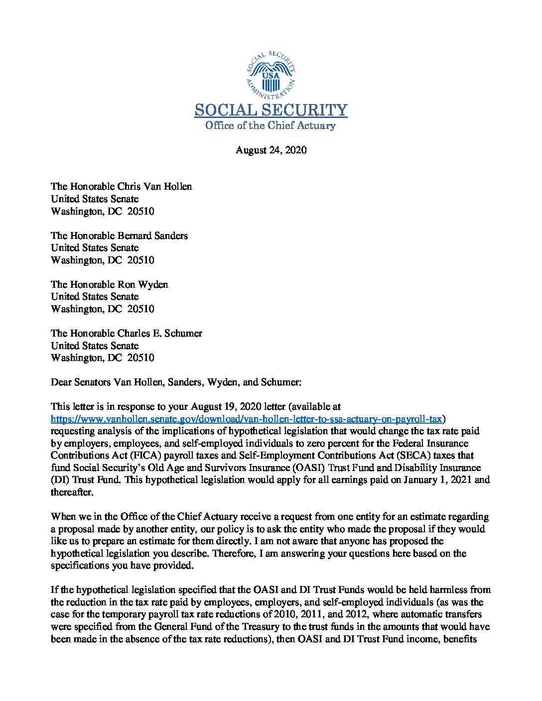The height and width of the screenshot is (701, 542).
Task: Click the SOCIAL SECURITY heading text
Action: (271, 110)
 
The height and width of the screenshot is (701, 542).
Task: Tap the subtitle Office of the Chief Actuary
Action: (271, 125)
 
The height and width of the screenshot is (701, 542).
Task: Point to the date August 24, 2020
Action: (271, 150)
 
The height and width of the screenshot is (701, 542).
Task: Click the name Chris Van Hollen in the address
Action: (154, 187)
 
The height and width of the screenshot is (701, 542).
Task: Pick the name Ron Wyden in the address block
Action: (142, 284)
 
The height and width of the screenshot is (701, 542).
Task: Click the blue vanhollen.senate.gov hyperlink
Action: (247, 419)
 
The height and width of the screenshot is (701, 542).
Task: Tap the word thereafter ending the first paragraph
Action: (72, 492)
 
